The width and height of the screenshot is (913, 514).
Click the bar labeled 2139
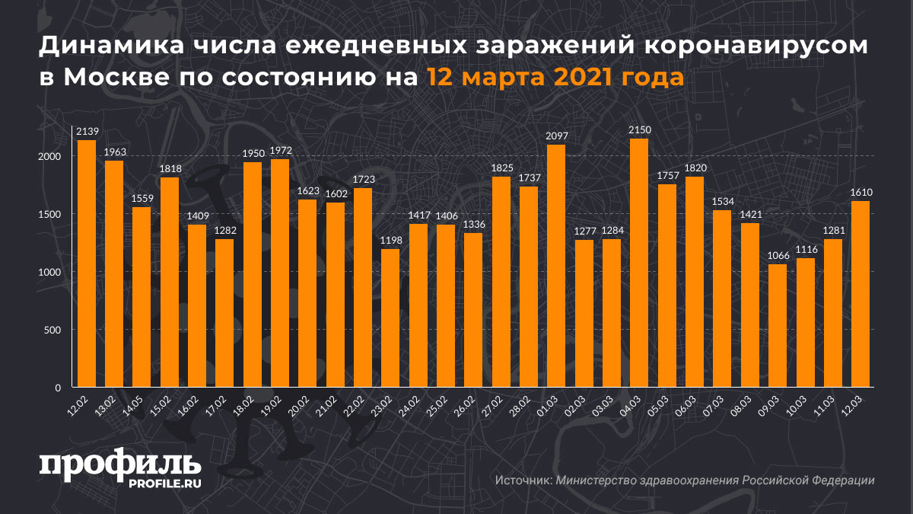coord(87,263)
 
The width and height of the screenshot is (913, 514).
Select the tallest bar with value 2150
coord(640,263)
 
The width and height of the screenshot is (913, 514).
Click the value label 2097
coord(557,136)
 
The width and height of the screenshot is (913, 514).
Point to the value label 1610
coord(861,192)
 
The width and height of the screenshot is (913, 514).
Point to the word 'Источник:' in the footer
coord(523,480)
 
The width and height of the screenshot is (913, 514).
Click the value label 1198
coord(390,241)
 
